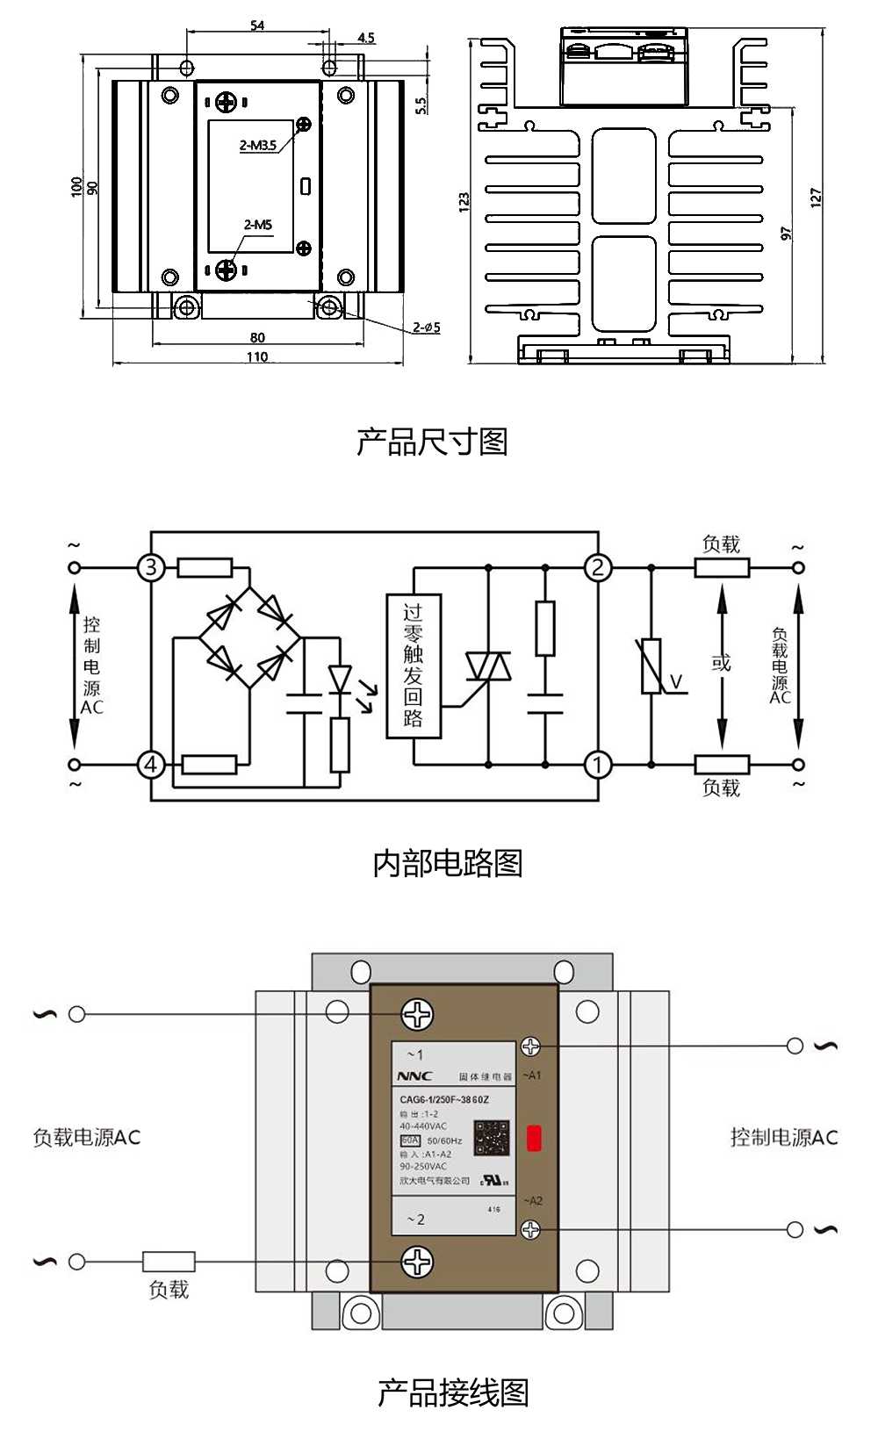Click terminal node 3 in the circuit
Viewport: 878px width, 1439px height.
pos(151,567)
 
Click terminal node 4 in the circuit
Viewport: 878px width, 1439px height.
pos(151,765)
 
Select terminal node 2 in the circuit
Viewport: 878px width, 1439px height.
pos(598,567)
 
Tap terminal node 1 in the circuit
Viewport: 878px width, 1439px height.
pos(598,765)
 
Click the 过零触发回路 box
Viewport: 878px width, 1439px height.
pos(414,666)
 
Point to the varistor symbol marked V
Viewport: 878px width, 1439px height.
pos(651,667)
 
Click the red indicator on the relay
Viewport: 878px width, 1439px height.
pos(534,1139)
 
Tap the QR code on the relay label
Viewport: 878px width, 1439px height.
pos(492,1138)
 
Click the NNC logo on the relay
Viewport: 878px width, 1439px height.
pos(415,1076)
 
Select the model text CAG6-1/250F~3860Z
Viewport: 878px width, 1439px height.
pos(444,1099)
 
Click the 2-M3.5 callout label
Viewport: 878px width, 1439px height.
pos(258,145)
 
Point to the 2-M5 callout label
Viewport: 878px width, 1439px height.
pos(258,225)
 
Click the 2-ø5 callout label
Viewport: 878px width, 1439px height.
pos(427,327)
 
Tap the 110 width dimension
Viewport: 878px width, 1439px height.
pos(257,357)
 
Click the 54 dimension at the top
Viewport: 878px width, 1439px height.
pos(257,25)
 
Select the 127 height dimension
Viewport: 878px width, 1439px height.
pos(817,198)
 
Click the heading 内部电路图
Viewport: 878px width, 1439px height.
pos(448,863)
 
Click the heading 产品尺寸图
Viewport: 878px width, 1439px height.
pos(432,442)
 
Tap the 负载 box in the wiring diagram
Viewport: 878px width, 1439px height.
pos(169,1262)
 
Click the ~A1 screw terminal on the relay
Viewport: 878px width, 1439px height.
pos(530,1046)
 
